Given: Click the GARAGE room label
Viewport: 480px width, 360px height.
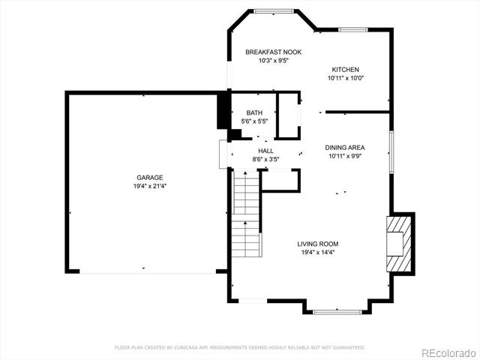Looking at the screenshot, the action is (150, 178).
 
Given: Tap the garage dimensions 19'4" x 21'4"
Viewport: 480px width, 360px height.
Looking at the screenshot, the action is (150, 186).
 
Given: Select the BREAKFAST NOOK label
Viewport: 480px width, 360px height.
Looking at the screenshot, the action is (273, 52).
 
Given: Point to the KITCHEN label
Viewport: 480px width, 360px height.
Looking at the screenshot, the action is (345, 70).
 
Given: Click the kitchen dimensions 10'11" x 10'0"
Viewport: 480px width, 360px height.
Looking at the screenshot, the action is (346, 78).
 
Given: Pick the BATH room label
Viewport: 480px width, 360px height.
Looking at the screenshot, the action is (254, 113).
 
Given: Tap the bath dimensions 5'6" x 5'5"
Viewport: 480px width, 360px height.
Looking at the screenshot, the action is (254, 121).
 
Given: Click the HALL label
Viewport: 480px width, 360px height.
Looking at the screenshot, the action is (265, 151).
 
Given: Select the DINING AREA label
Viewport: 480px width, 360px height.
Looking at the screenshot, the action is (345, 148).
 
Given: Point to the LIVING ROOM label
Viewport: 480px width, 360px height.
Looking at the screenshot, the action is (318, 244).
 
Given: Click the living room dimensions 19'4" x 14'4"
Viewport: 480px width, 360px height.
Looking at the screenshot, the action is (318, 253).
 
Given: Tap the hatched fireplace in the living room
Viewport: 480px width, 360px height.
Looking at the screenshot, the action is (399, 244).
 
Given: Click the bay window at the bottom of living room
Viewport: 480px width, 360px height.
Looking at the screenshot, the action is (337, 312).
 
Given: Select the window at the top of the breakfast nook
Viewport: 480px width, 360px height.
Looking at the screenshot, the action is (274, 11).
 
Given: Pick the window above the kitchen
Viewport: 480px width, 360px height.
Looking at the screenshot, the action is (353, 30).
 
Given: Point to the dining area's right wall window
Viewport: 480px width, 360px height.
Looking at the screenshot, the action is (391, 152).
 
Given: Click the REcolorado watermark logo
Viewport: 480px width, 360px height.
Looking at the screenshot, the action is (448, 353).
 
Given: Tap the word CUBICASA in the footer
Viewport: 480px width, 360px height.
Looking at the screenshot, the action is (186, 347).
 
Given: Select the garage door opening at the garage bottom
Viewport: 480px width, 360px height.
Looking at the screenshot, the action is (148, 271).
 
